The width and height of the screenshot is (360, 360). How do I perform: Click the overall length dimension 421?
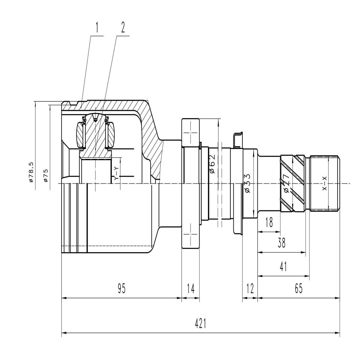coord(200,324)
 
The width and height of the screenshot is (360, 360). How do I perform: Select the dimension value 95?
coord(121,289)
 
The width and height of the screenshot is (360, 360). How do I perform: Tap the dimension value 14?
coord(190,289)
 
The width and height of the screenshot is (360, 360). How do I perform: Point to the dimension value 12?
coord(250,289)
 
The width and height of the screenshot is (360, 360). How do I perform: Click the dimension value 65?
coord(298,289)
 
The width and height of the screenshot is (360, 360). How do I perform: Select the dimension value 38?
coord(281,243)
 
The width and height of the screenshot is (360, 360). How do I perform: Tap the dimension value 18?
coord(269,223)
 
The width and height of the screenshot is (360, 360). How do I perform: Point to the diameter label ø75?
coord(46,175)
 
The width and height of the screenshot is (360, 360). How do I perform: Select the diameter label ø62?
coord(212,164)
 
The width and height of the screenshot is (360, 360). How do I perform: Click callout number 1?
coord(97,28)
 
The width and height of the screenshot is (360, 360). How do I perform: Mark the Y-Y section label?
coord(117,174)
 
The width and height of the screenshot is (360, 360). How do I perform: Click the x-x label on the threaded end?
coord(324,183)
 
